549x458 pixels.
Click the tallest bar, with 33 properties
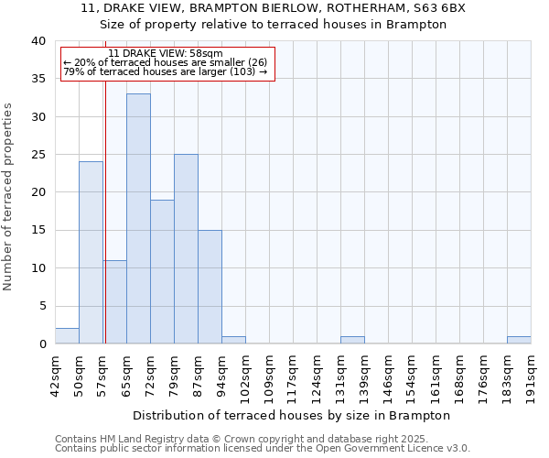pyautogui.click(x=138, y=219)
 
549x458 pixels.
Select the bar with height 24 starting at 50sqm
pyautogui.click(x=91, y=253)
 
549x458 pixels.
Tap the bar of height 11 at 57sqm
pyautogui.click(x=114, y=302)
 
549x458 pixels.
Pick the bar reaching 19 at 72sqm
pyautogui.click(x=162, y=272)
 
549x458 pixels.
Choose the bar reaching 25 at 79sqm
pyautogui.click(x=186, y=249)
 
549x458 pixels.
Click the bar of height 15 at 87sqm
pyautogui.click(x=210, y=287)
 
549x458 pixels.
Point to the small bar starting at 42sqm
pyautogui.click(x=67, y=336)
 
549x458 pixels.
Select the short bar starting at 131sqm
pyautogui.click(x=352, y=340)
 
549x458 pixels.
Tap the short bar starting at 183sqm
pyautogui.click(x=519, y=340)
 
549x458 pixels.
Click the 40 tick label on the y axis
pyautogui.click(x=38, y=41)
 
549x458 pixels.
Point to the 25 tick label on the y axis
pyautogui.click(x=38, y=155)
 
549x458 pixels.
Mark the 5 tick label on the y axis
pyautogui.click(x=42, y=306)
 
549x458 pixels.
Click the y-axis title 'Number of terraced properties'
pyautogui.click(x=8, y=196)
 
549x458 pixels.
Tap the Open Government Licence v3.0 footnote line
pyautogui.click(x=263, y=449)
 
